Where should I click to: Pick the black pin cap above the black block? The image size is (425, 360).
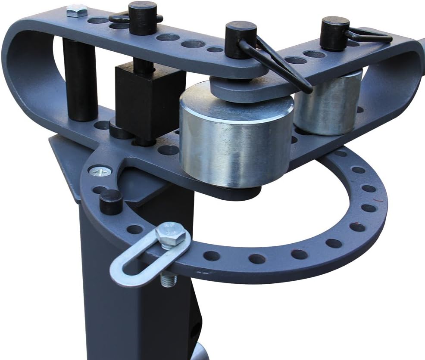click(x=143, y=17)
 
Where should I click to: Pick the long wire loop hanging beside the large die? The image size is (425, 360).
click(x=280, y=65)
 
